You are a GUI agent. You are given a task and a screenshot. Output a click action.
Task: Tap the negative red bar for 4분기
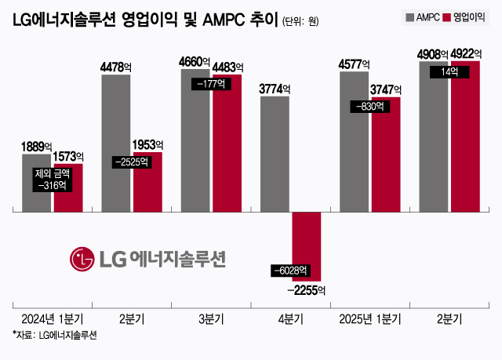307,246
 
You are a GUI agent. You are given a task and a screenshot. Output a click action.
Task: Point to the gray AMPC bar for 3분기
195,141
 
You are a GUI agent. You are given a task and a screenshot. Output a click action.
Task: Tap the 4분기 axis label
291,319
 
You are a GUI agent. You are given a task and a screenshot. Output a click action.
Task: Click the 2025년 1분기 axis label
370,319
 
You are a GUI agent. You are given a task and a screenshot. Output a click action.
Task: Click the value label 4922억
466,54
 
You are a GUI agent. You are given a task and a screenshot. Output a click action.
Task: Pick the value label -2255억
307,289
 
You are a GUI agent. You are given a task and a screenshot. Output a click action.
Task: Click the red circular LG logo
82,258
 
